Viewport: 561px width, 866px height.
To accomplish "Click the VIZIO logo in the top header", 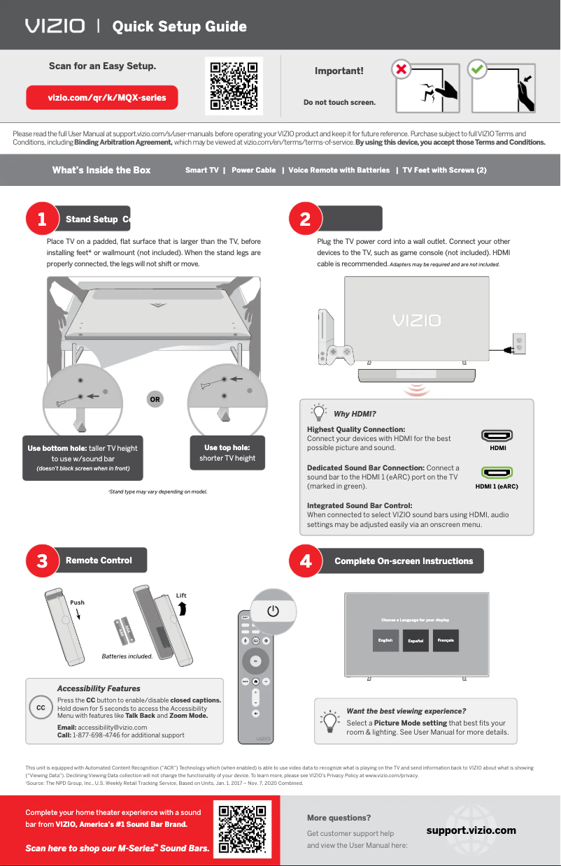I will [x=55, y=27].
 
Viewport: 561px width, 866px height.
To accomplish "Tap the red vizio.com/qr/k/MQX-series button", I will [x=102, y=98].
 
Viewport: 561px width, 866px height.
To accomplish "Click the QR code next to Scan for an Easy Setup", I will [x=234, y=86].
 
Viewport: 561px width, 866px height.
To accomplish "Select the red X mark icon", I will [x=401, y=71].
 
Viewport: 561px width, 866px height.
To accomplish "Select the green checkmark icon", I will [x=478, y=71].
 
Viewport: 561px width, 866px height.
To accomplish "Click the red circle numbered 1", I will [x=42, y=219].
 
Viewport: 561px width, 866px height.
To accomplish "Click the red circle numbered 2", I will [x=305, y=219].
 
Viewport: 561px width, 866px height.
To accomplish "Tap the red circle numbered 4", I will [x=305, y=561].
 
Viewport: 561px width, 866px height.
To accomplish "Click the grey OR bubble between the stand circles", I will [x=155, y=400].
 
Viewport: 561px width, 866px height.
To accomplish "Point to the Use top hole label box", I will [x=227, y=453].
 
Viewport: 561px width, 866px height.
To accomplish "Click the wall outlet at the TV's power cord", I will [x=519, y=342].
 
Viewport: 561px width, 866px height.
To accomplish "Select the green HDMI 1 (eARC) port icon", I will [x=497, y=472].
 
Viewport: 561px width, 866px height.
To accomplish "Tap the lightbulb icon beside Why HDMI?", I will [x=319, y=412].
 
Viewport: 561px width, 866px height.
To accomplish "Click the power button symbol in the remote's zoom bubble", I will [x=274, y=611].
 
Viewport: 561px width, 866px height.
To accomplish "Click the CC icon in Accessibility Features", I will [x=41, y=708].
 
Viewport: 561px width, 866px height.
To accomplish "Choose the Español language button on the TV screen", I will [x=416, y=641].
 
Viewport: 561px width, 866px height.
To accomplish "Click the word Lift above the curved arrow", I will [x=181, y=596].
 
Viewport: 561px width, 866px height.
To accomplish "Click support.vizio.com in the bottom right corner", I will [x=471, y=830].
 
